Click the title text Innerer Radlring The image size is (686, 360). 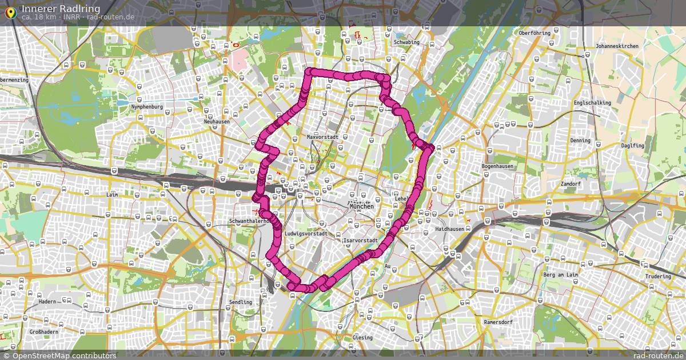tap(61, 8)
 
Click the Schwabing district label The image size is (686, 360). tap(406, 42)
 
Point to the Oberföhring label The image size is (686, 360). tap(535, 33)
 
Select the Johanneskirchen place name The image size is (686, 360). tap(615, 46)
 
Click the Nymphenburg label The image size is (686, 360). tap(147, 107)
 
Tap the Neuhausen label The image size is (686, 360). tap(217, 122)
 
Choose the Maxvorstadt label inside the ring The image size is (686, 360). tap(323, 137)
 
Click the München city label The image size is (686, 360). tap(361, 206)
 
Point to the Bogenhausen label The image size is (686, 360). tap(497, 166)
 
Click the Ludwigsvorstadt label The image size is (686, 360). tap(306, 234)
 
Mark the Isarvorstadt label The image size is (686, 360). tap(360, 241)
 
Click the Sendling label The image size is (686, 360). tap(240, 302)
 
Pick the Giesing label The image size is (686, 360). tap(362, 338)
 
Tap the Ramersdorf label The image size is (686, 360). tap(498, 322)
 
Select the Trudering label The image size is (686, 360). tap(658, 277)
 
